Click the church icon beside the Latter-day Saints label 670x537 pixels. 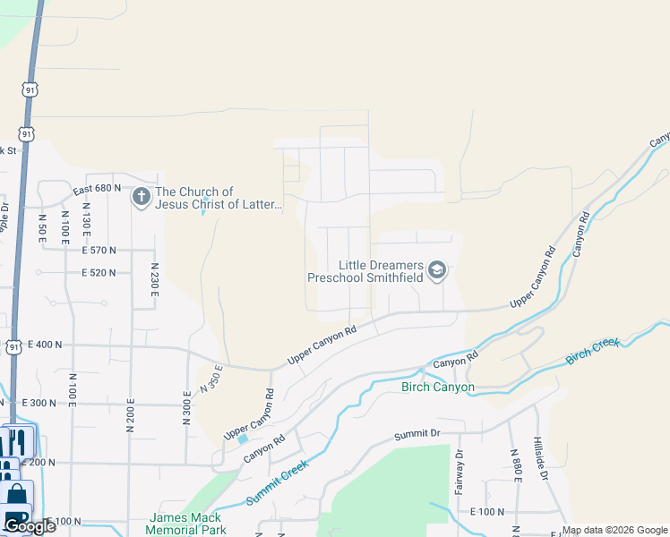coord(141,197)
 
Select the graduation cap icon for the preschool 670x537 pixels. coord(437,270)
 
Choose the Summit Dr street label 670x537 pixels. coord(418,436)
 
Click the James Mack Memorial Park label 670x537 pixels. coord(186,524)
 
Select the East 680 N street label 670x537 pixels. coord(97,189)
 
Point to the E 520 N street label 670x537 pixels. coord(104,272)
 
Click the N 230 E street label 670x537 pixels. coord(155,279)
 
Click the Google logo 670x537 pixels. coord(30,526)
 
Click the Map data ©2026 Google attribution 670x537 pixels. coord(614,530)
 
